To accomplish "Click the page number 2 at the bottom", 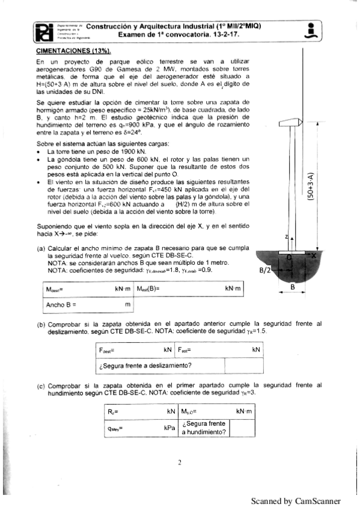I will (180, 462).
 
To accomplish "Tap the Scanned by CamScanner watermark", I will (296, 500).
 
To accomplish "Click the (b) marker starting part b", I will (41, 325).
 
